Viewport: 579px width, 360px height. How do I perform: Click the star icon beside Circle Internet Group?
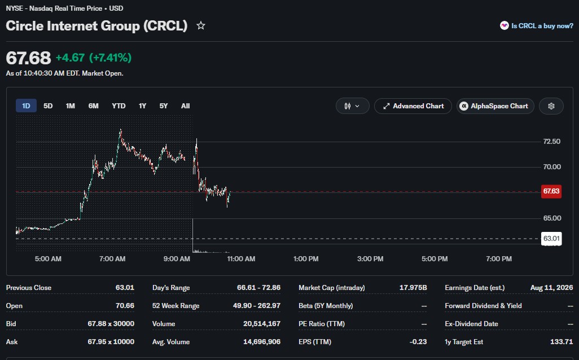[x=200, y=25]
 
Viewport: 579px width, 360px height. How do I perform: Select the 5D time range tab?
[x=48, y=106]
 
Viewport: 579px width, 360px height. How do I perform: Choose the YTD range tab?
[x=119, y=106]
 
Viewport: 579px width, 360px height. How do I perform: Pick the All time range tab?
[x=185, y=106]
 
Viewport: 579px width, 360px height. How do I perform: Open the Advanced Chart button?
[x=413, y=106]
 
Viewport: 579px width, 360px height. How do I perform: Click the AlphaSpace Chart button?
[x=495, y=106]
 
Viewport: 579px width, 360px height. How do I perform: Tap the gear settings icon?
[x=551, y=106]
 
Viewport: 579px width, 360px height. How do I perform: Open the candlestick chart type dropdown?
[x=352, y=106]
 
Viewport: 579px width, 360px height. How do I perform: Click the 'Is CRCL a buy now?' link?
[x=537, y=25]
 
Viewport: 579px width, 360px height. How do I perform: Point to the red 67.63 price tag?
[x=551, y=191]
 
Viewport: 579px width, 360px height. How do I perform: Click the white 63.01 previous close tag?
[x=551, y=239]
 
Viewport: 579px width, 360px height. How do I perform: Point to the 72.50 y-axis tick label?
[x=552, y=142]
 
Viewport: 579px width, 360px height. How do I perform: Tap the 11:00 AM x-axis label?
[x=241, y=259]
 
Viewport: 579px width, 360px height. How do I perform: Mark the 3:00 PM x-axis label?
[x=370, y=259]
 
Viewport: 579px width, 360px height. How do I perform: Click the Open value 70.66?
[x=125, y=306]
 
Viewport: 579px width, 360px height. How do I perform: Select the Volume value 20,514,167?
[x=262, y=324]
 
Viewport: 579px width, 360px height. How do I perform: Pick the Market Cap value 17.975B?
[x=413, y=288]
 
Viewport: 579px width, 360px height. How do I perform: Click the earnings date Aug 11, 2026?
[x=552, y=288]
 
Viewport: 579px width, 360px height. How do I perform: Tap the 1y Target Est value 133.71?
[x=562, y=342]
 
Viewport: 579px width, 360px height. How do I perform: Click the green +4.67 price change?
[x=70, y=58]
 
